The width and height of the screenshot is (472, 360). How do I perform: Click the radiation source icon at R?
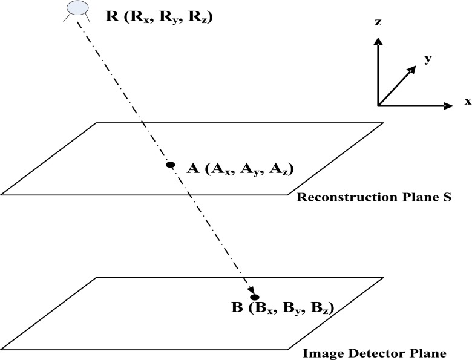[76, 11]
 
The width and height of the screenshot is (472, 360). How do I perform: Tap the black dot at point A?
[170, 165]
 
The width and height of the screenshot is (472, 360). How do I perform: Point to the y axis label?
[427, 59]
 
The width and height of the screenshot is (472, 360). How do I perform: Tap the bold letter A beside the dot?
[193, 169]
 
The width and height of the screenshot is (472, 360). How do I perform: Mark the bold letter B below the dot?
[237, 309]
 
